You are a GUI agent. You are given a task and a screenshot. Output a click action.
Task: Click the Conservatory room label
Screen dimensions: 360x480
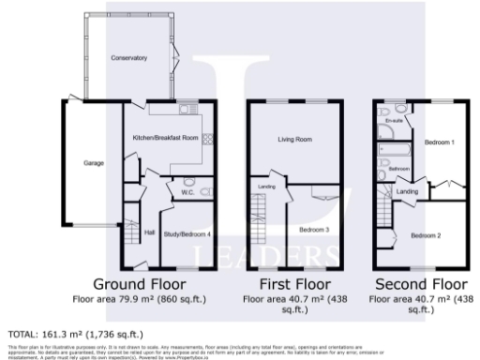128,58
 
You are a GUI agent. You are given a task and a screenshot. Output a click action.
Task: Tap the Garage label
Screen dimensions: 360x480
94,163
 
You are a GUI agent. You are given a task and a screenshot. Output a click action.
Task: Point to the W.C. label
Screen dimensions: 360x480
187,193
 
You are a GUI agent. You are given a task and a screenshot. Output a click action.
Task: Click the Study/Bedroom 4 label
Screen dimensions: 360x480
187,233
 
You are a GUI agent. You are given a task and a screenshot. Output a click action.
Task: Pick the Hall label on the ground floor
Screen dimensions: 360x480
149,232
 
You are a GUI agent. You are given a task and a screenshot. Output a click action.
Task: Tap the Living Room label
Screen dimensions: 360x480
294,139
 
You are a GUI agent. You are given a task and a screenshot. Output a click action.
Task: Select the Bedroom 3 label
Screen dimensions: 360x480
313,229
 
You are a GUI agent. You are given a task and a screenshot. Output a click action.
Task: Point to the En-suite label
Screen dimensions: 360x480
394,120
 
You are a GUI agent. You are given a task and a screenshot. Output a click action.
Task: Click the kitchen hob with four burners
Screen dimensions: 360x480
207,140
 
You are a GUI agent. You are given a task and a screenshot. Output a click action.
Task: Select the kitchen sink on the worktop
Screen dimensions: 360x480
187,111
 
